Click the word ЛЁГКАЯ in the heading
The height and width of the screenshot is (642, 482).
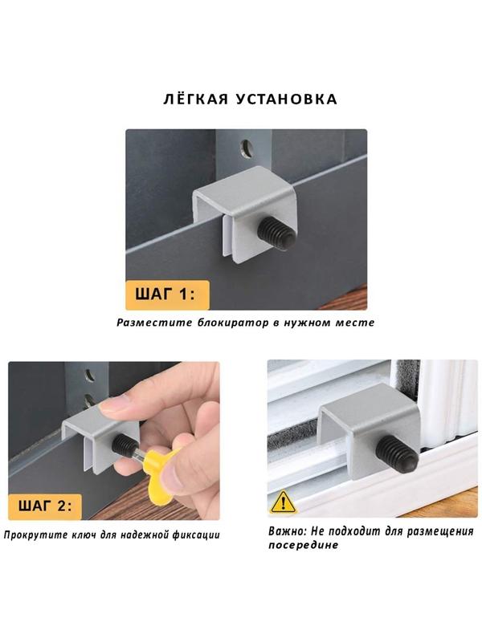click(x=195, y=99)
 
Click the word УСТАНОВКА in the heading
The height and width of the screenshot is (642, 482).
click(x=287, y=100)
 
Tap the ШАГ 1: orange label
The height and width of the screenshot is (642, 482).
click(x=167, y=295)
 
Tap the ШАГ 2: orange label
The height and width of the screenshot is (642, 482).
click(x=45, y=506)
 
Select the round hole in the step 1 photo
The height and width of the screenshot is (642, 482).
click(x=247, y=148)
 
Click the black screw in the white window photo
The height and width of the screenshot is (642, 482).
click(x=398, y=453)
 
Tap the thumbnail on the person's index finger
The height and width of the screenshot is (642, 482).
click(x=113, y=405)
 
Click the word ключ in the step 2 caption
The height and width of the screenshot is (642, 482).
click(x=83, y=534)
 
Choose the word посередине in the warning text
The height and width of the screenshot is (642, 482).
click(x=304, y=546)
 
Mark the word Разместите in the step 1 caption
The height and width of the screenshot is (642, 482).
click(x=154, y=323)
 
